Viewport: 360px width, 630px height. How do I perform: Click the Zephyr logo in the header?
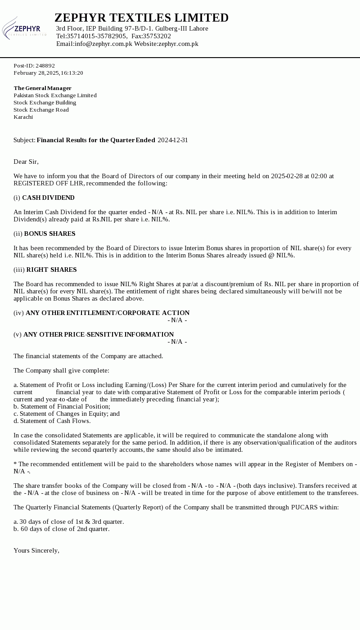pyautogui.click(x=24, y=28)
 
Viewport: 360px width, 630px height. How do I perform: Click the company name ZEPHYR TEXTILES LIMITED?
pyautogui.click(x=141, y=18)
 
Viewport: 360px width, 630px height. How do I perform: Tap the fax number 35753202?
pyautogui.click(x=157, y=36)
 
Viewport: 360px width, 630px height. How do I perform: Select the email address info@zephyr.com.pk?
pyautogui.click(x=103, y=44)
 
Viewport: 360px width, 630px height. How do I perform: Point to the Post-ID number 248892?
pyautogui.click(x=45, y=66)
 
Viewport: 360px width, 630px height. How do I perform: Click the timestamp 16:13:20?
pyautogui.click(x=72, y=73)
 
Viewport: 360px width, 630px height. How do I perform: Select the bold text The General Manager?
pyautogui.click(x=42, y=88)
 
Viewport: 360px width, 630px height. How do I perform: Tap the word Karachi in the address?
pyautogui.click(x=23, y=117)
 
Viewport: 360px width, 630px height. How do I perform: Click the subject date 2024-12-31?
pyautogui.click(x=173, y=140)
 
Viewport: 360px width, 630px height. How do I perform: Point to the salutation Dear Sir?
pyautogui.click(x=26, y=162)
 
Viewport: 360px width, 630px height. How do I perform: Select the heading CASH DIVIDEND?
pyautogui.click(x=48, y=198)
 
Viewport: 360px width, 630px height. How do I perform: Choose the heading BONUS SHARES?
pyautogui.click(x=49, y=234)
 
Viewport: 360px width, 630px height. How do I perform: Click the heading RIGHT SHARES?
pyautogui.click(x=51, y=270)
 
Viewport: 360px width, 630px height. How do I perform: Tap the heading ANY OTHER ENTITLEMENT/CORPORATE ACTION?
pyautogui.click(x=108, y=313)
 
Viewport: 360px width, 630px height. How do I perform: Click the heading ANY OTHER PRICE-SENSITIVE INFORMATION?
pyautogui.click(x=99, y=334)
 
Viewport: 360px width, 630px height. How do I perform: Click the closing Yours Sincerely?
pyautogui.click(x=36, y=550)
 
